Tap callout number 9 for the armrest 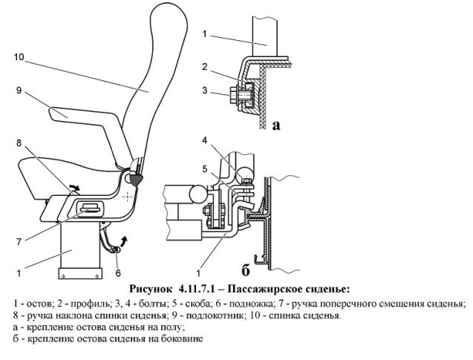point(19,91)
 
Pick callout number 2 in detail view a point(203,68)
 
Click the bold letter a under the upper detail point(276,126)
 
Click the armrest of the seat point(71,114)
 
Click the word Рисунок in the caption point(151,287)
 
